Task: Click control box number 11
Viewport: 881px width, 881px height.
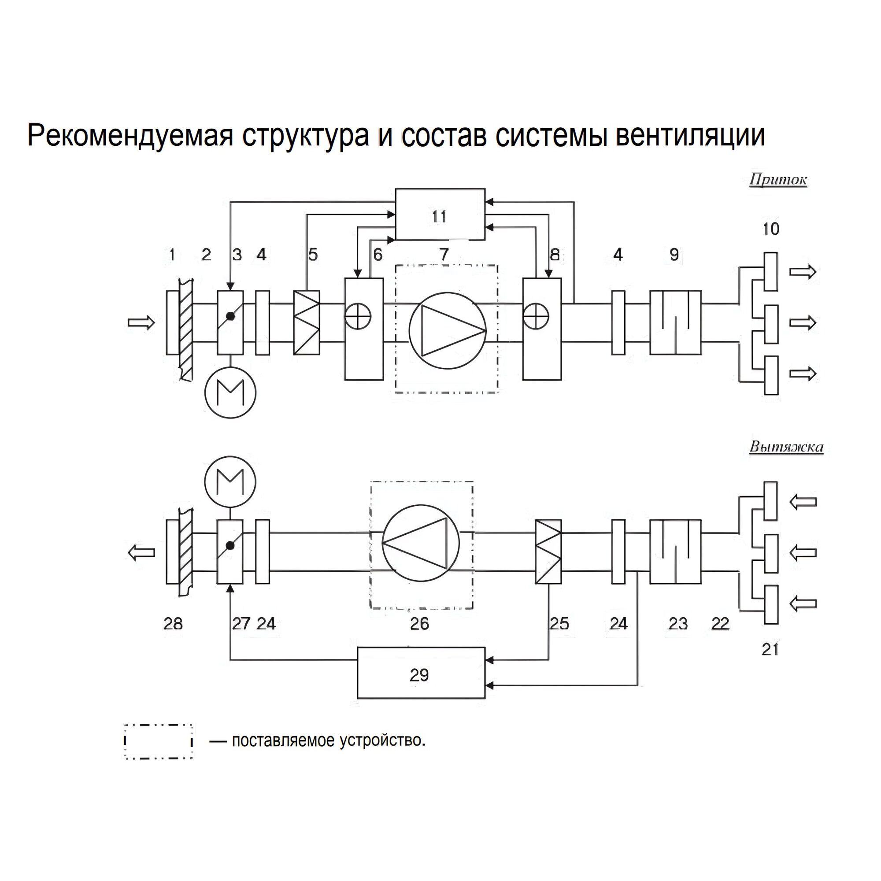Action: pos(440,215)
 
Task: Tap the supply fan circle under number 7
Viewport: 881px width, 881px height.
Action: pos(448,331)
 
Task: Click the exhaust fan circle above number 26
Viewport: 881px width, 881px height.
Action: pos(421,543)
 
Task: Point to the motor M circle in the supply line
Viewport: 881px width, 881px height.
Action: pos(230,392)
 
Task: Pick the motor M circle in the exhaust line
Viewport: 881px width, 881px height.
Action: pos(230,482)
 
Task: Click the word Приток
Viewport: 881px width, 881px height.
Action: pos(778,180)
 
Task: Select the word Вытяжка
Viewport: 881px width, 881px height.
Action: pos(786,447)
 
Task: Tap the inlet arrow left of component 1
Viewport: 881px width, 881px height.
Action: pos(141,323)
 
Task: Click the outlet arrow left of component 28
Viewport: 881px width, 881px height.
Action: pos(141,553)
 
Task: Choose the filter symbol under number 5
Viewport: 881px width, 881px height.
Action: pos(307,322)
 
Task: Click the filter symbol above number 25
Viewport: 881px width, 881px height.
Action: pos(548,552)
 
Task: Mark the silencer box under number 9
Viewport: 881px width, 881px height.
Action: pos(675,322)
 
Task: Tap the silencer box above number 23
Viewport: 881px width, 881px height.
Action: pos(675,552)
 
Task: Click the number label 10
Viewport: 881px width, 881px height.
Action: pos(770,229)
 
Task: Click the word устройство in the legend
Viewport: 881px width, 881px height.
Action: pos(382,740)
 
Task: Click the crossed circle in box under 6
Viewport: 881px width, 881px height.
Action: pos(358,315)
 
